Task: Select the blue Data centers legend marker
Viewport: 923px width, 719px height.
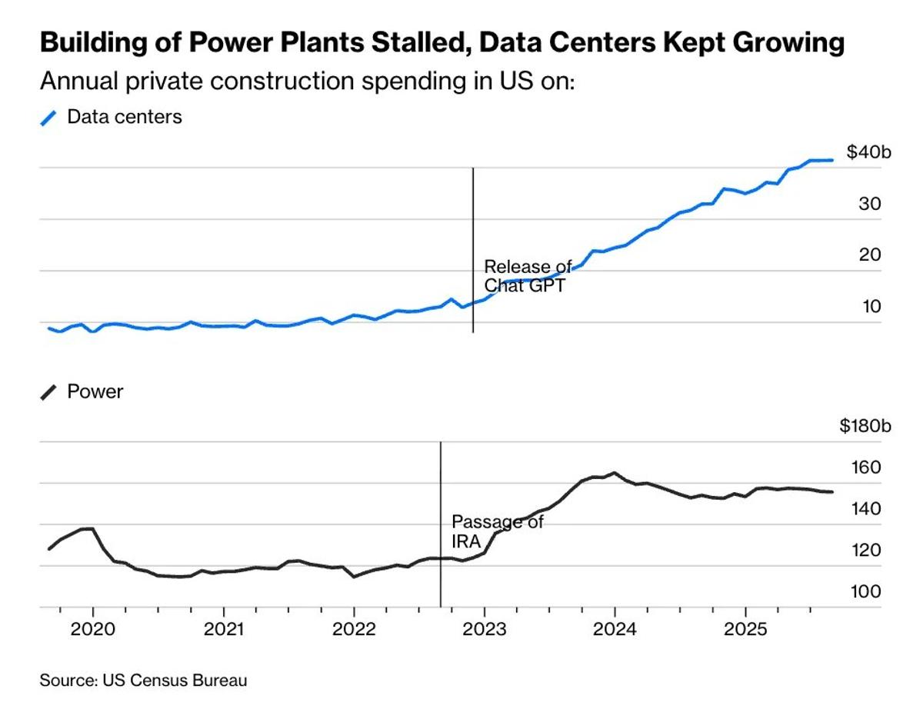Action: pyautogui.click(x=49, y=118)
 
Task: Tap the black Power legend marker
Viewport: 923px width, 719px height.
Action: pyautogui.click(x=49, y=392)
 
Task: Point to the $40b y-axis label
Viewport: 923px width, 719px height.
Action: pyautogui.click(x=868, y=152)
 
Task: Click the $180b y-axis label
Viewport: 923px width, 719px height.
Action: pyautogui.click(x=865, y=427)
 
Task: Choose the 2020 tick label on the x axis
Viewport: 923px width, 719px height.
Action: pyautogui.click(x=92, y=628)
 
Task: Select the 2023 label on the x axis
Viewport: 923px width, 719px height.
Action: pyautogui.click(x=484, y=628)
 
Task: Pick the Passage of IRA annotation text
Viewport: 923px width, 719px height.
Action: pyautogui.click(x=497, y=531)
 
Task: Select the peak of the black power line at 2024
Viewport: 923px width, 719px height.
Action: pyautogui.click(x=614, y=473)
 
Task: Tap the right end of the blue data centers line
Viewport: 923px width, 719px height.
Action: pyautogui.click(x=832, y=160)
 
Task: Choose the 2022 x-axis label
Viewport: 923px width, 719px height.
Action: pyautogui.click(x=353, y=628)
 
